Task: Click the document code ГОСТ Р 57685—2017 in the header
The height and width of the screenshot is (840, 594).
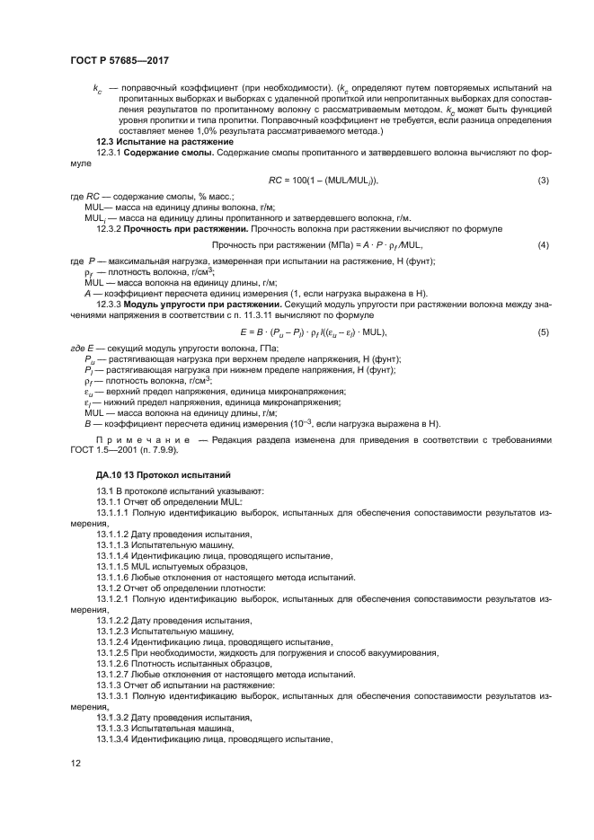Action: [x=120, y=60]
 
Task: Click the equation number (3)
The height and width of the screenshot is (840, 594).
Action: [x=543, y=181]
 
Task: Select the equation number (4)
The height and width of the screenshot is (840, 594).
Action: [x=543, y=244]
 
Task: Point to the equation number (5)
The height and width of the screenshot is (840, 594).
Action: [x=543, y=332]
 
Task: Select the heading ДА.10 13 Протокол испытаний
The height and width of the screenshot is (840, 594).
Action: [x=151, y=473]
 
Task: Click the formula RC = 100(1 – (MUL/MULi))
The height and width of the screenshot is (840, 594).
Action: [x=324, y=181]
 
